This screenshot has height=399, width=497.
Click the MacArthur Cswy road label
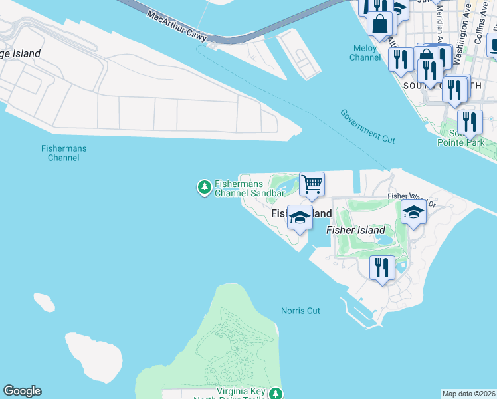pyautogui.click(x=177, y=25)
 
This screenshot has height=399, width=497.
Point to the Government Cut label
pyautogui.click(x=367, y=126)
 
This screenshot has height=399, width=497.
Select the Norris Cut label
pyautogui.click(x=300, y=311)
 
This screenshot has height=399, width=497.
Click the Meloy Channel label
pyautogui.click(x=365, y=53)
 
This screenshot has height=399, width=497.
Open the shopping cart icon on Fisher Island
pyautogui.click(x=312, y=184)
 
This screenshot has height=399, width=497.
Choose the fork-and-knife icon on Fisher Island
pyautogui.click(x=381, y=268)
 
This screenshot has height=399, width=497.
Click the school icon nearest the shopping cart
pyautogui.click(x=300, y=218)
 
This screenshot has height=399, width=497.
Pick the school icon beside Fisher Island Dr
pyautogui.click(x=413, y=213)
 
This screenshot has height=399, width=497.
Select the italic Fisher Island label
pyautogui.click(x=355, y=229)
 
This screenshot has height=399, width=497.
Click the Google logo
pyautogui.click(x=22, y=391)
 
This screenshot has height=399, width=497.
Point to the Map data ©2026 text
pyautogui.click(x=469, y=394)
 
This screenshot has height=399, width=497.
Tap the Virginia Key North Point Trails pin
pyautogui.click(x=275, y=394)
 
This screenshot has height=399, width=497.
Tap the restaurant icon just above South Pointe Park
pyautogui.click(x=470, y=122)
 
